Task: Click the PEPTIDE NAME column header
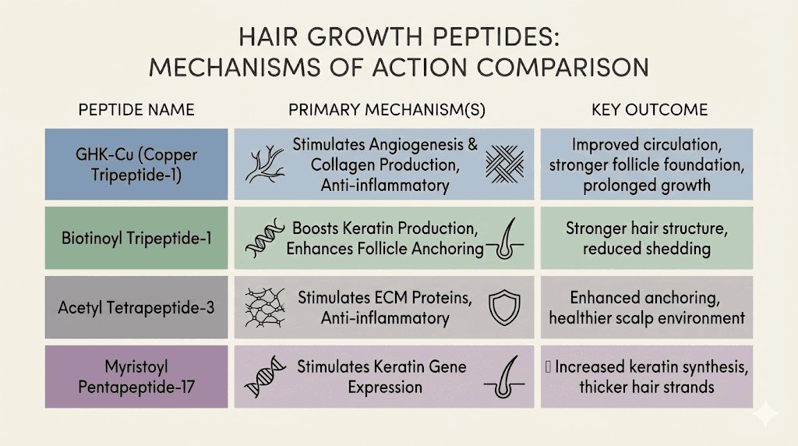pyautogui.click(x=136, y=110)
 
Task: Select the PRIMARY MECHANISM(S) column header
pyautogui.click(x=387, y=110)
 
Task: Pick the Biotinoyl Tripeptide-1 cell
pyautogui.click(x=137, y=237)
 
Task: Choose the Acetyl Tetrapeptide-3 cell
pyautogui.click(x=137, y=308)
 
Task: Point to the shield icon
pyautogui.click(x=503, y=308)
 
